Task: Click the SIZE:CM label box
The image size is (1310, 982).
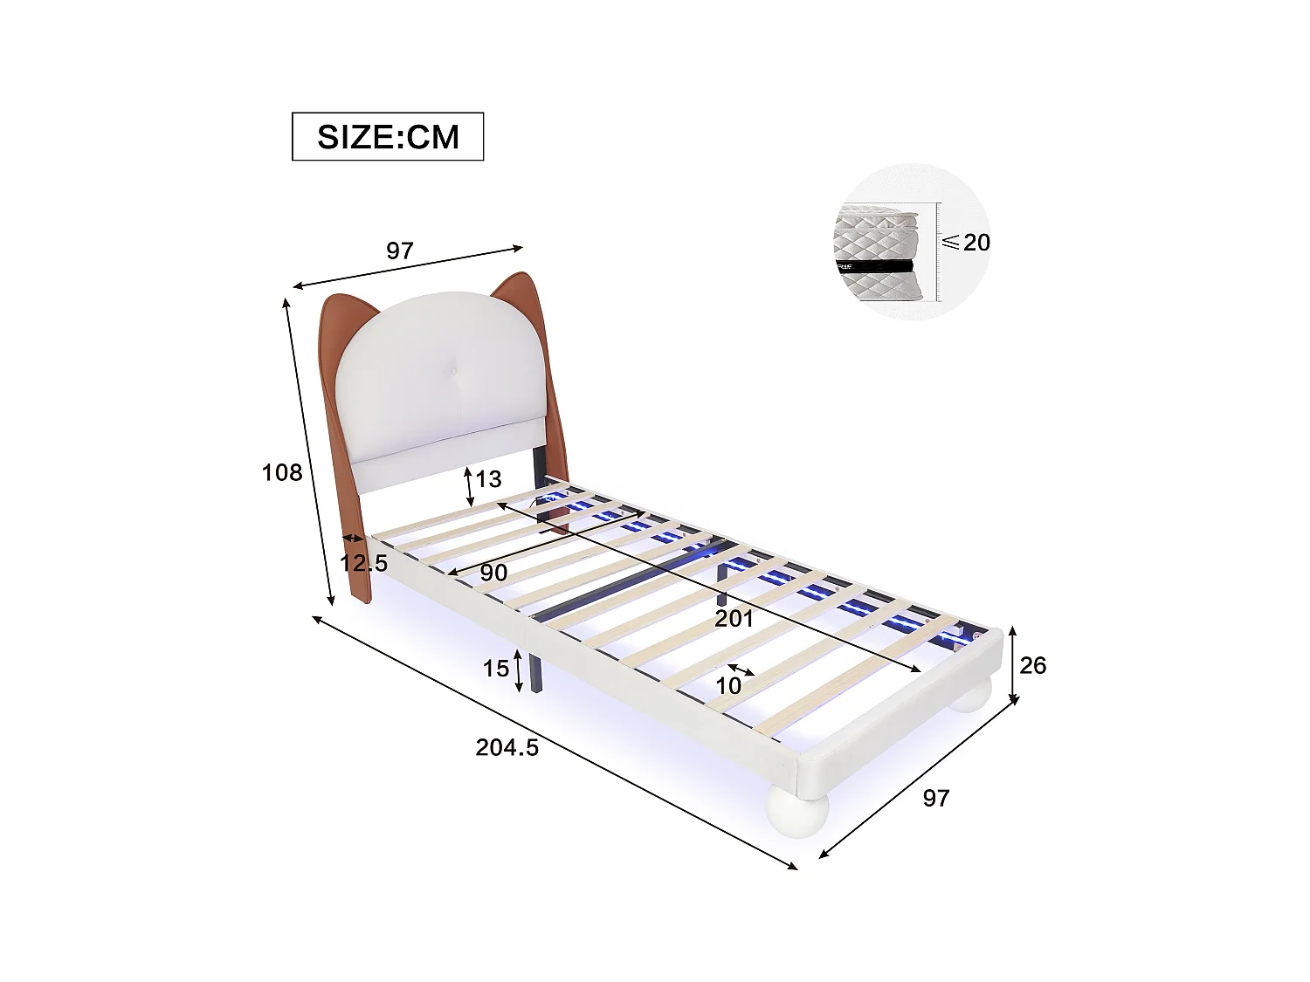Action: [x=388, y=136]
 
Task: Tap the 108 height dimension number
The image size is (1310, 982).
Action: [x=282, y=472]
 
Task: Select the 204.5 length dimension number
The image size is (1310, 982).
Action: [x=507, y=747]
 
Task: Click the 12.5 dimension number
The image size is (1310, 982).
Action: [x=364, y=562]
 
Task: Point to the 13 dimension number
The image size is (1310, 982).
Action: [x=489, y=478]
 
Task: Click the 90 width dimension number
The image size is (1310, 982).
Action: [x=493, y=573]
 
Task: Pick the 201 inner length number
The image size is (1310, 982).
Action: [x=734, y=619]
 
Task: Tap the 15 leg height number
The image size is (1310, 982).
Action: [x=496, y=669]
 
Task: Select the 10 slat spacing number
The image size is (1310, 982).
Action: [x=728, y=685]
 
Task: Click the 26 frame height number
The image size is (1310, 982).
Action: [x=1032, y=665]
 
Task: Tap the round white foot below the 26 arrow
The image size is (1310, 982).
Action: [x=971, y=695]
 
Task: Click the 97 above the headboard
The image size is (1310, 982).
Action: [x=399, y=251]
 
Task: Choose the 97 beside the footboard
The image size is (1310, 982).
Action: [x=935, y=797]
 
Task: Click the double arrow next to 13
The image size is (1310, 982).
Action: [x=469, y=487]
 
